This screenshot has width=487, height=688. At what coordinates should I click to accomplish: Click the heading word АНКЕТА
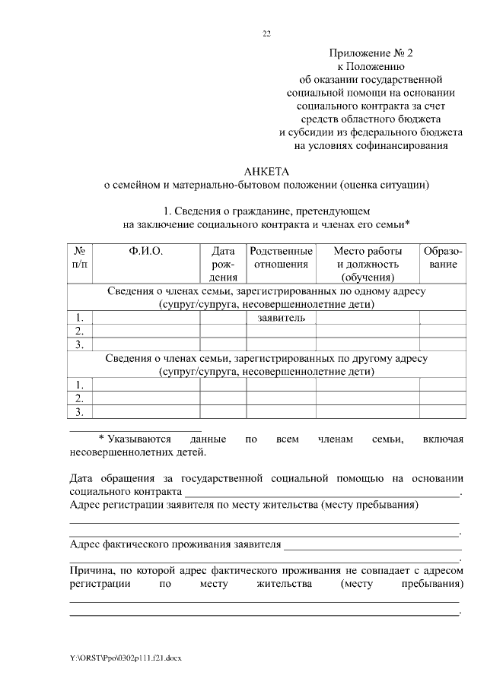tap(266, 171)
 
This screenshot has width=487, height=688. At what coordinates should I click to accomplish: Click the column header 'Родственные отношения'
tap(281, 258)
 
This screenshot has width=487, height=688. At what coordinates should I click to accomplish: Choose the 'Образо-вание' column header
tap(443, 258)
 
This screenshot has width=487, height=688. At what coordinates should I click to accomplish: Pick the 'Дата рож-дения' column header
tap(223, 264)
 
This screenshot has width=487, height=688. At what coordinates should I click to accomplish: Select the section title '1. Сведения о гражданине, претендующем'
tap(266, 211)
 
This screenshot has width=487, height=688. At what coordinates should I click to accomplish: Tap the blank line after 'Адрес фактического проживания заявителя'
tap(373, 545)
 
